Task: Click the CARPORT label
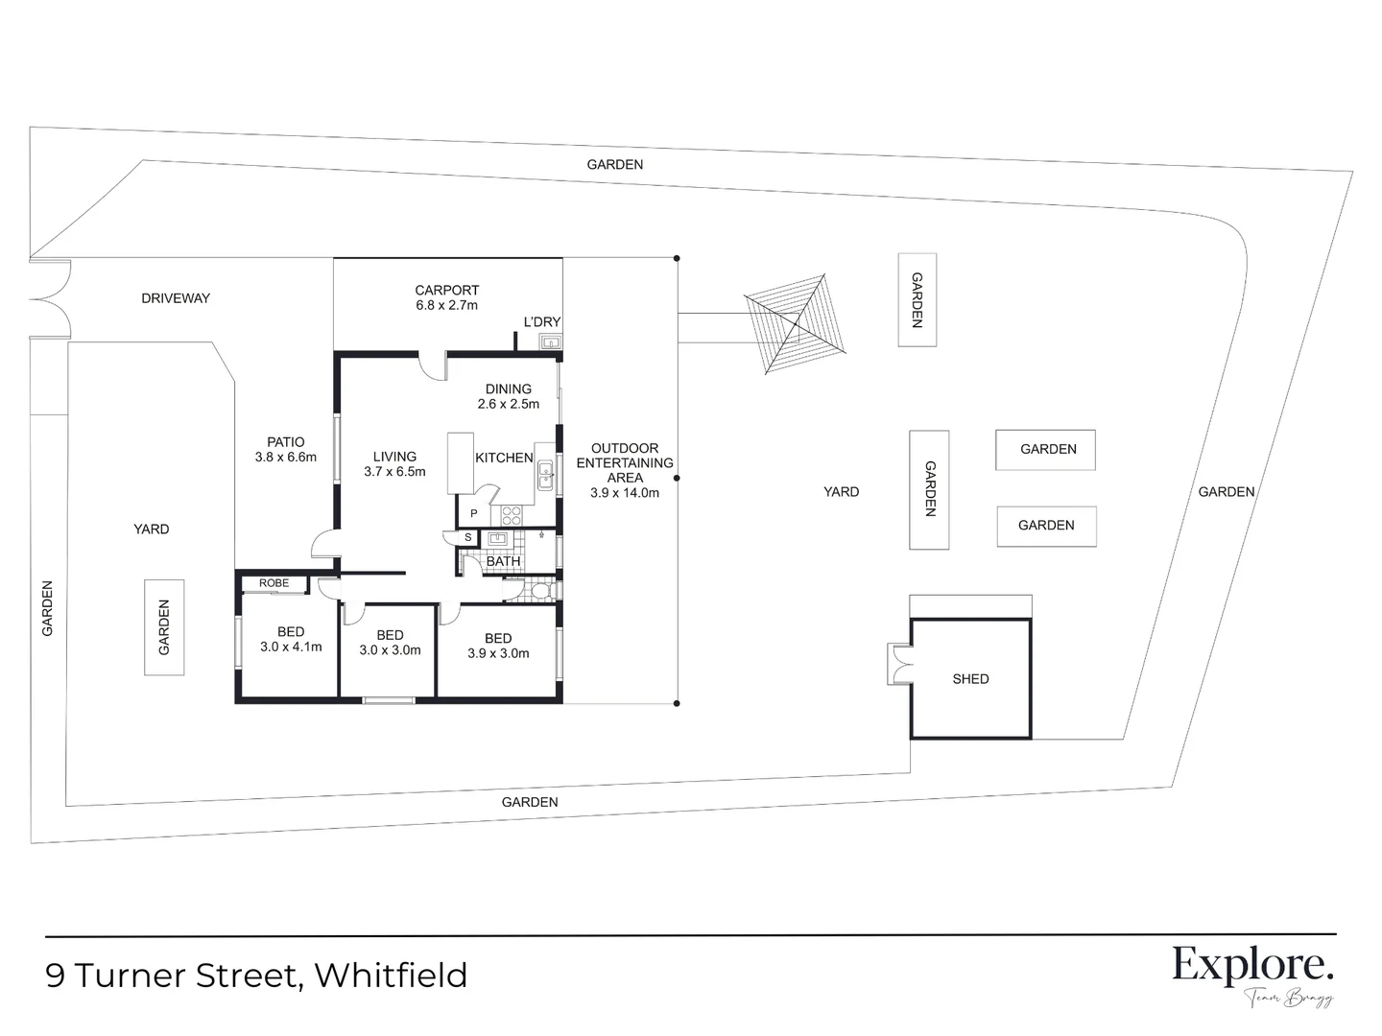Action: click(x=446, y=290)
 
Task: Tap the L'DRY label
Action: click(x=541, y=321)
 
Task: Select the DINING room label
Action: click(x=508, y=388)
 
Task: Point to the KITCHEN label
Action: click(x=504, y=458)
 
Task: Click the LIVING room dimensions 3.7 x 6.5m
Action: click(x=394, y=472)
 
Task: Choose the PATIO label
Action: click(x=286, y=442)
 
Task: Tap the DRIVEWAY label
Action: click(x=176, y=298)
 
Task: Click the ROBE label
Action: click(x=274, y=583)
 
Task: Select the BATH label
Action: click(x=503, y=561)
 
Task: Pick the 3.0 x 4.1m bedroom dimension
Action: click(x=291, y=647)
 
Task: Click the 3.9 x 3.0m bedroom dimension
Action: click(x=498, y=653)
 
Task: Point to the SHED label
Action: click(x=970, y=679)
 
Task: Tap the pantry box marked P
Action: click(x=473, y=514)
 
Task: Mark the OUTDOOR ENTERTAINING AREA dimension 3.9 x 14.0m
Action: click(x=624, y=493)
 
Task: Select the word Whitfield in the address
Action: click(x=391, y=976)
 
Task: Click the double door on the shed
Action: click(x=899, y=664)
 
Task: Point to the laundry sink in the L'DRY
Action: click(x=551, y=341)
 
